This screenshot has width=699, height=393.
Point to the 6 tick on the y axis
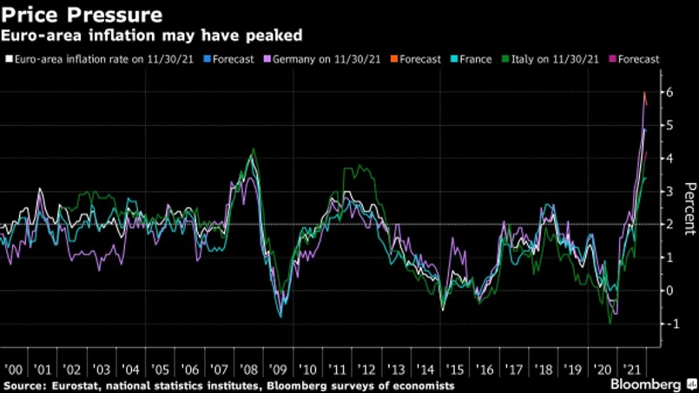(669, 93)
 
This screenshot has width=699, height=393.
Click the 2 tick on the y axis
(669, 225)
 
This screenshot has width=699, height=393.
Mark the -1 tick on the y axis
(668, 324)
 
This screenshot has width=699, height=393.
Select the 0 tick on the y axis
(669, 291)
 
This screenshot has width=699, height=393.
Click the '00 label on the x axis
(16, 367)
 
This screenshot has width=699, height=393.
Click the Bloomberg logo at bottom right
(647, 383)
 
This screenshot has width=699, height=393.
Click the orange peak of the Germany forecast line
(643, 93)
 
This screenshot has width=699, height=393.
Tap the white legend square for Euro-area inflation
(8, 60)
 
